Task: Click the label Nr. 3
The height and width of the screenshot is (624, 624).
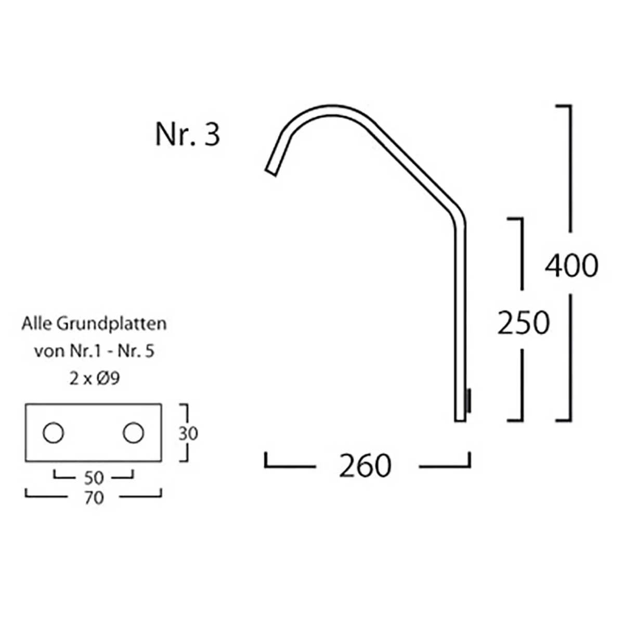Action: [x=188, y=134]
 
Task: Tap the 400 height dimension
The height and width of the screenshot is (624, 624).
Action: [x=571, y=266]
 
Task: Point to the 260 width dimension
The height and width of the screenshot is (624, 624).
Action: [x=365, y=465]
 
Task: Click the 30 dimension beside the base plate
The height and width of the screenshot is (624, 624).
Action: [x=188, y=433]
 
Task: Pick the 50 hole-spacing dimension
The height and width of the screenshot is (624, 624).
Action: [x=94, y=477]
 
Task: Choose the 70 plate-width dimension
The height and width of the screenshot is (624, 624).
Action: [x=94, y=498]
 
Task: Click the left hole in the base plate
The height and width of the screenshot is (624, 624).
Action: [x=53, y=433]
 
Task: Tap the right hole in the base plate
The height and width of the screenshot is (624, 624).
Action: [x=133, y=433]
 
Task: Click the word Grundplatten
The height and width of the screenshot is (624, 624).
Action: [x=111, y=323]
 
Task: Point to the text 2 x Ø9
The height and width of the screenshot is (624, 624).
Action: [x=94, y=379]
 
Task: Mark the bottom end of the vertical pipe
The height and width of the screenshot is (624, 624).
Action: [x=460, y=418]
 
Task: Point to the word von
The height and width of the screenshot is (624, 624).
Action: [x=49, y=351]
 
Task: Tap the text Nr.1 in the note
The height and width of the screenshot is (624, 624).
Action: [x=85, y=351]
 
